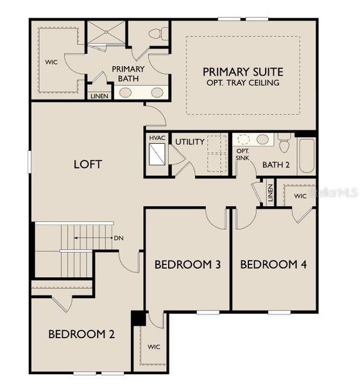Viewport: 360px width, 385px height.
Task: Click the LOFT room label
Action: coord(88,164)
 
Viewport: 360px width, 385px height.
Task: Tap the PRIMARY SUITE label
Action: coord(243,71)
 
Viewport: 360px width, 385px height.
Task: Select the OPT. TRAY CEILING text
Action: coord(243,83)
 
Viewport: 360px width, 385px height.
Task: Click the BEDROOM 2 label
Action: coord(81,334)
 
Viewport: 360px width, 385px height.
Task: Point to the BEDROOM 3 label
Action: coord(184,264)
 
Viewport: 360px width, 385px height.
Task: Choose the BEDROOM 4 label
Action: coord(268,264)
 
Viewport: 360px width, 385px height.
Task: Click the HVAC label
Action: coord(157,139)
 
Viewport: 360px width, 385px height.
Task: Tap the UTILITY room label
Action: coord(190,142)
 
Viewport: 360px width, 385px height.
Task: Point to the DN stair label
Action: coord(118,238)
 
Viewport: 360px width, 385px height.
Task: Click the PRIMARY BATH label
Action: coord(128,74)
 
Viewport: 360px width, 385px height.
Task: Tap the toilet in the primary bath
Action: coord(157,33)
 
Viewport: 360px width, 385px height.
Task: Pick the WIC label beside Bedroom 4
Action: coord(300,195)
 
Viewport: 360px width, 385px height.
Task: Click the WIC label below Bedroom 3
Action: coord(154,347)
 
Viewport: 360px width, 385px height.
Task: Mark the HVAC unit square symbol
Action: coord(157,154)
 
